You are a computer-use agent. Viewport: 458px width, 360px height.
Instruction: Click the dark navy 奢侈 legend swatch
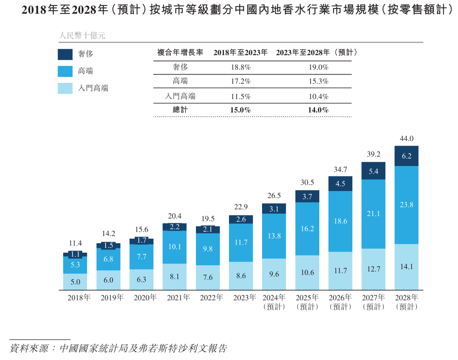pyautogui.click(x=65, y=54)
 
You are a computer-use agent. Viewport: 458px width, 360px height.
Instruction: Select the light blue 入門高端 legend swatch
pyautogui.click(x=65, y=88)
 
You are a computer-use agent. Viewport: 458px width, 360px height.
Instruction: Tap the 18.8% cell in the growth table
pyautogui.click(x=241, y=67)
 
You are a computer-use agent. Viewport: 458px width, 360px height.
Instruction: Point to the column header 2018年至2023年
pyautogui.click(x=240, y=53)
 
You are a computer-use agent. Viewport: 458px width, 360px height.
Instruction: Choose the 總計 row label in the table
pyautogui.click(x=180, y=110)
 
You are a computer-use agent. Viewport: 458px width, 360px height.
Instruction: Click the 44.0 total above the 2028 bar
pyautogui.click(x=406, y=139)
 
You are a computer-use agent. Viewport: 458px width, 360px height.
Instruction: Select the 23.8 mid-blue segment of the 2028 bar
pyautogui.click(x=406, y=205)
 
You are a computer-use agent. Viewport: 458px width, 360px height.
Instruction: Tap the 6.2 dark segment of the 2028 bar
pyautogui.click(x=406, y=156)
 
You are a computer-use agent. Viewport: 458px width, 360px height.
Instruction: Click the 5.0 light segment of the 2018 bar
pyautogui.click(x=75, y=282)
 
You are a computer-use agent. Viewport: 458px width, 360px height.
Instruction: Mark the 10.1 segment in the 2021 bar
pyautogui.click(x=174, y=247)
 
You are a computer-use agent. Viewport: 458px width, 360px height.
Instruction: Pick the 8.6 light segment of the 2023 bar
pyautogui.click(x=241, y=276)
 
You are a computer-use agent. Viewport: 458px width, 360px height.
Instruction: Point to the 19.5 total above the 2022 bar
pyautogui.click(x=208, y=219)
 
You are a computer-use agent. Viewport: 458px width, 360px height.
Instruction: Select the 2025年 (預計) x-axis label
pyautogui.click(x=307, y=302)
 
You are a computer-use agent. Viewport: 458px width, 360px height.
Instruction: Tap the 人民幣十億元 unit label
pyautogui.click(x=82, y=36)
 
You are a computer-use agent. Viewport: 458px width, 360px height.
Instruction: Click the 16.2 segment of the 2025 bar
pyautogui.click(x=307, y=229)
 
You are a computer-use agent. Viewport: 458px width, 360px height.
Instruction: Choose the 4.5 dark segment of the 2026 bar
pyautogui.click(x=340, y=184)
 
